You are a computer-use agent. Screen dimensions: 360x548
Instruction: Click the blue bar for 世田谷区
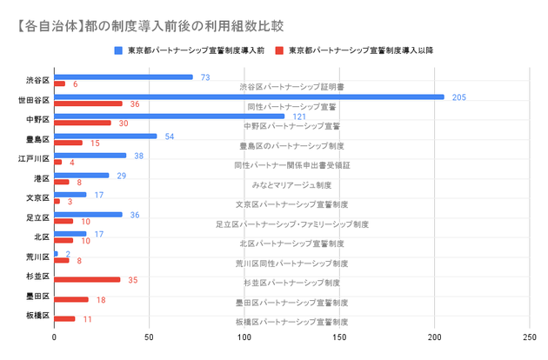[x=249, y=97]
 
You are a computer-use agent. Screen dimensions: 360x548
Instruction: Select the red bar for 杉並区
[x=88, y=280]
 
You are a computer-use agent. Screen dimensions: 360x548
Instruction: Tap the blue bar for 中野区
[x=170, y=117]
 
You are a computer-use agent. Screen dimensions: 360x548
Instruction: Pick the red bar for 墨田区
[x=71, y=300]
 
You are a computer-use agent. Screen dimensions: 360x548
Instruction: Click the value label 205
[x=459, y=97]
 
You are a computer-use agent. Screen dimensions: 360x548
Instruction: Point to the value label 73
[x=205, y=77]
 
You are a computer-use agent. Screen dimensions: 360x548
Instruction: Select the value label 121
[x=299, y=117]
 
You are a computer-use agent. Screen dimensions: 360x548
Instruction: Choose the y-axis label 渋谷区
[x=38, y=80]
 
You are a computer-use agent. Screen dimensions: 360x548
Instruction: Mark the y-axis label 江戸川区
[x=35, y=159]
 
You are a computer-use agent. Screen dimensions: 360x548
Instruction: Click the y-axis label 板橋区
[x=38, y=316]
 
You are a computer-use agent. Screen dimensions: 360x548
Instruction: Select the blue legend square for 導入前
[x=118, y=50]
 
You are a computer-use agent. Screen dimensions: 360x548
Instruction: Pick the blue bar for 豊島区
[x=106, y=136]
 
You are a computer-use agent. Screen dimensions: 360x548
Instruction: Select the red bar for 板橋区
[x=65, y=319]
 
